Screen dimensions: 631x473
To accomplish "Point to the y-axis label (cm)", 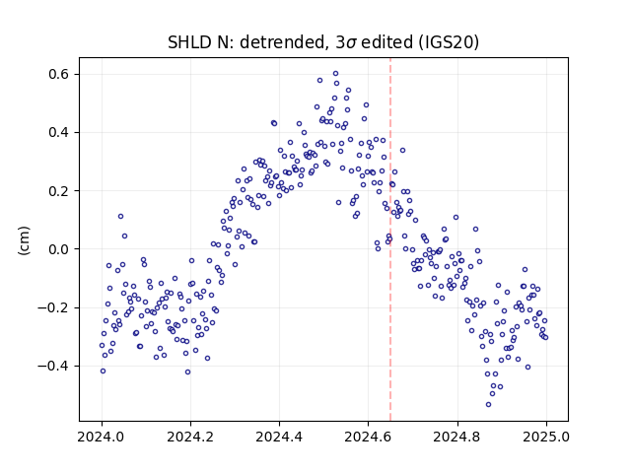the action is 24,240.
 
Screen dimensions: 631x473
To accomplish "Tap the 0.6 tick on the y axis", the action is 59,75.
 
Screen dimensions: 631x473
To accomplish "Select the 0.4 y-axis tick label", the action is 59,133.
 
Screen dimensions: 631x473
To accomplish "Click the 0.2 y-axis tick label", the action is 59,191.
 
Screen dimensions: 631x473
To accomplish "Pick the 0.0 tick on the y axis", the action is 59,249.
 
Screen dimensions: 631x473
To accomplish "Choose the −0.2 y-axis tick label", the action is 54,307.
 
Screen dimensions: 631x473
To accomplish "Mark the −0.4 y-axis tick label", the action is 54,366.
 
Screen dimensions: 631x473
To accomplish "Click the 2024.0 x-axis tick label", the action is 101,437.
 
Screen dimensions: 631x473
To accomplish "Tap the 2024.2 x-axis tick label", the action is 190,437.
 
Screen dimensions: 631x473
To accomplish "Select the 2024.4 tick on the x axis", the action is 279,437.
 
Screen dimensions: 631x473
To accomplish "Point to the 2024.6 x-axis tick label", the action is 368,437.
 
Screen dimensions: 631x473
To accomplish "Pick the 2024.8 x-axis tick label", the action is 456,437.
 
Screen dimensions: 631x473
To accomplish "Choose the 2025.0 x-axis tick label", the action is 546,437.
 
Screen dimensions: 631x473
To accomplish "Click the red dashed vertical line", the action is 390,239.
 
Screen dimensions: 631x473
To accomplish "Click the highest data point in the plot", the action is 335,74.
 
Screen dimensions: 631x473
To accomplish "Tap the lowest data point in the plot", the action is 489,405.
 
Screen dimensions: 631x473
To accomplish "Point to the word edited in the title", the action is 386,42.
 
